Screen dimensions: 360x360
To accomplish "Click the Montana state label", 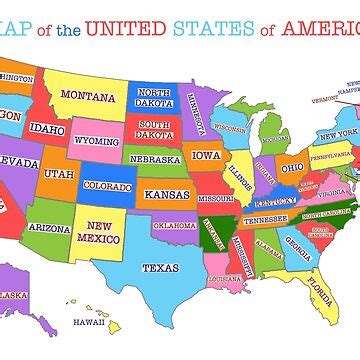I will [x=88, y=97].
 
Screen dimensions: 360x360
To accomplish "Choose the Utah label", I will [x=59, y=174].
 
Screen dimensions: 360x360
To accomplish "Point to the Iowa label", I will [x=207, y=155].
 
